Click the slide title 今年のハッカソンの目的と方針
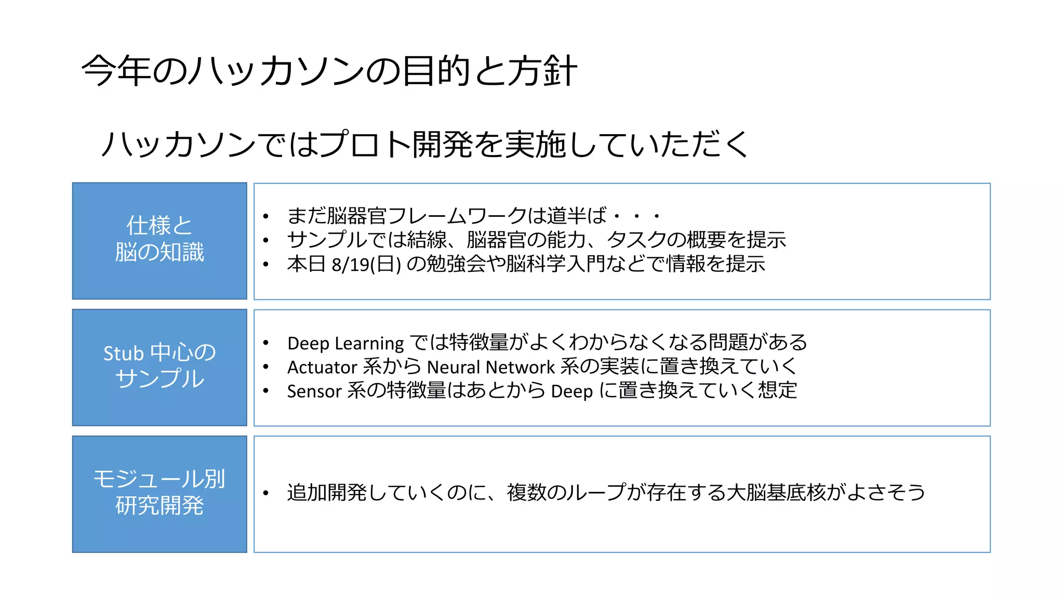pos(329,71)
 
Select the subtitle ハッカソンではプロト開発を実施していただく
pos(424,144)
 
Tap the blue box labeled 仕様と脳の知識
pos(159,241)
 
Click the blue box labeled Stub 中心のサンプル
pos(159,367)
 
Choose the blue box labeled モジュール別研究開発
pos(159,493)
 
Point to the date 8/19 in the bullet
pos(350,265)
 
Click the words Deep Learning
pos(345,343)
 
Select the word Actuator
pos(322,367)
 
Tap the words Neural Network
pos(491,367)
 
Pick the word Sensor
pos(314,391)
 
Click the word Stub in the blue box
pos(124,354)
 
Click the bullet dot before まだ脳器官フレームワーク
pos(265,216)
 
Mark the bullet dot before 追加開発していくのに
pos(265,493)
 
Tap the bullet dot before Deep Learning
pos(265,343)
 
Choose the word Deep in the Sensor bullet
pos(571,391)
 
